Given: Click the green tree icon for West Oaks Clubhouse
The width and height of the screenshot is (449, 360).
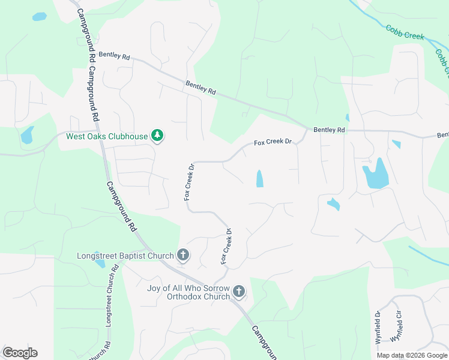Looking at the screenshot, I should [x=157, y=136].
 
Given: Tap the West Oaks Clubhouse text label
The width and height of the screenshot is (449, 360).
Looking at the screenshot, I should [x=106, y=136].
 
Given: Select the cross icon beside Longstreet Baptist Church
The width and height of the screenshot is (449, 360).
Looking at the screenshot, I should [x=183, y=256].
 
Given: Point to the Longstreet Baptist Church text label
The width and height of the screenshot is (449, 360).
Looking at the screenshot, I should [x=125, y=256].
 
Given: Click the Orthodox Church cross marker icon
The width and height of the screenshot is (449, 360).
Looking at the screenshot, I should [x=239, y=292].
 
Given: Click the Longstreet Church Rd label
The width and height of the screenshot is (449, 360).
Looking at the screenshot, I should [x=109, y=303].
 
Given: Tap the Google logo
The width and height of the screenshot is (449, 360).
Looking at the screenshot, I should [x=20, y=353].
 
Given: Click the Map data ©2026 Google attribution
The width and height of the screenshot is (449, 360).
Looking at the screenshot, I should [x=412, y=355].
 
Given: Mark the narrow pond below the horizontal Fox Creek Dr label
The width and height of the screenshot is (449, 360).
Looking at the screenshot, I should [x=259, y=178].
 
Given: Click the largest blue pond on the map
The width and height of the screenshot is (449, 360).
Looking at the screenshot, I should [x=375, y=174].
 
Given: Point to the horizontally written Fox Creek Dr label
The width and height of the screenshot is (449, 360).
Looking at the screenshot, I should [x=273, y=142].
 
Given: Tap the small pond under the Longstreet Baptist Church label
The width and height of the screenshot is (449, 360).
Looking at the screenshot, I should [x=100, y=264].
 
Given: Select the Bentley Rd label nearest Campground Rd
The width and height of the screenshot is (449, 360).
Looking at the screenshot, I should [x=115, y=56].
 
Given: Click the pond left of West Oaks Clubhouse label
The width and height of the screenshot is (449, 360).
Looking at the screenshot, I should [x=27, y=135].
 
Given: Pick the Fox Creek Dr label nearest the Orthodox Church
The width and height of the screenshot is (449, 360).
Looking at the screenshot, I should [x=226, y=246].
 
